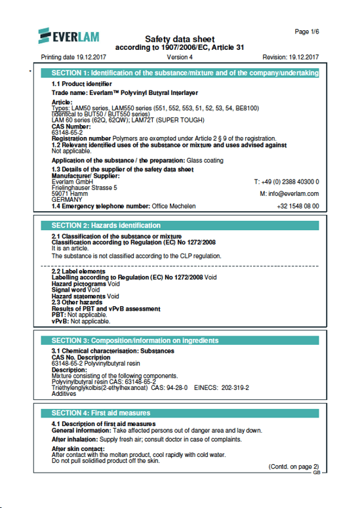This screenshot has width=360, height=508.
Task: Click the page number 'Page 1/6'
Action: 307,31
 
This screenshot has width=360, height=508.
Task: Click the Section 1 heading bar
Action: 180,73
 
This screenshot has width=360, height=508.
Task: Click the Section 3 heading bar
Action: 180,341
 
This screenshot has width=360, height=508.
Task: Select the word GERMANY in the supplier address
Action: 66,182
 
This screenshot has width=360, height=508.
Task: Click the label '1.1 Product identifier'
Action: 81,85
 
